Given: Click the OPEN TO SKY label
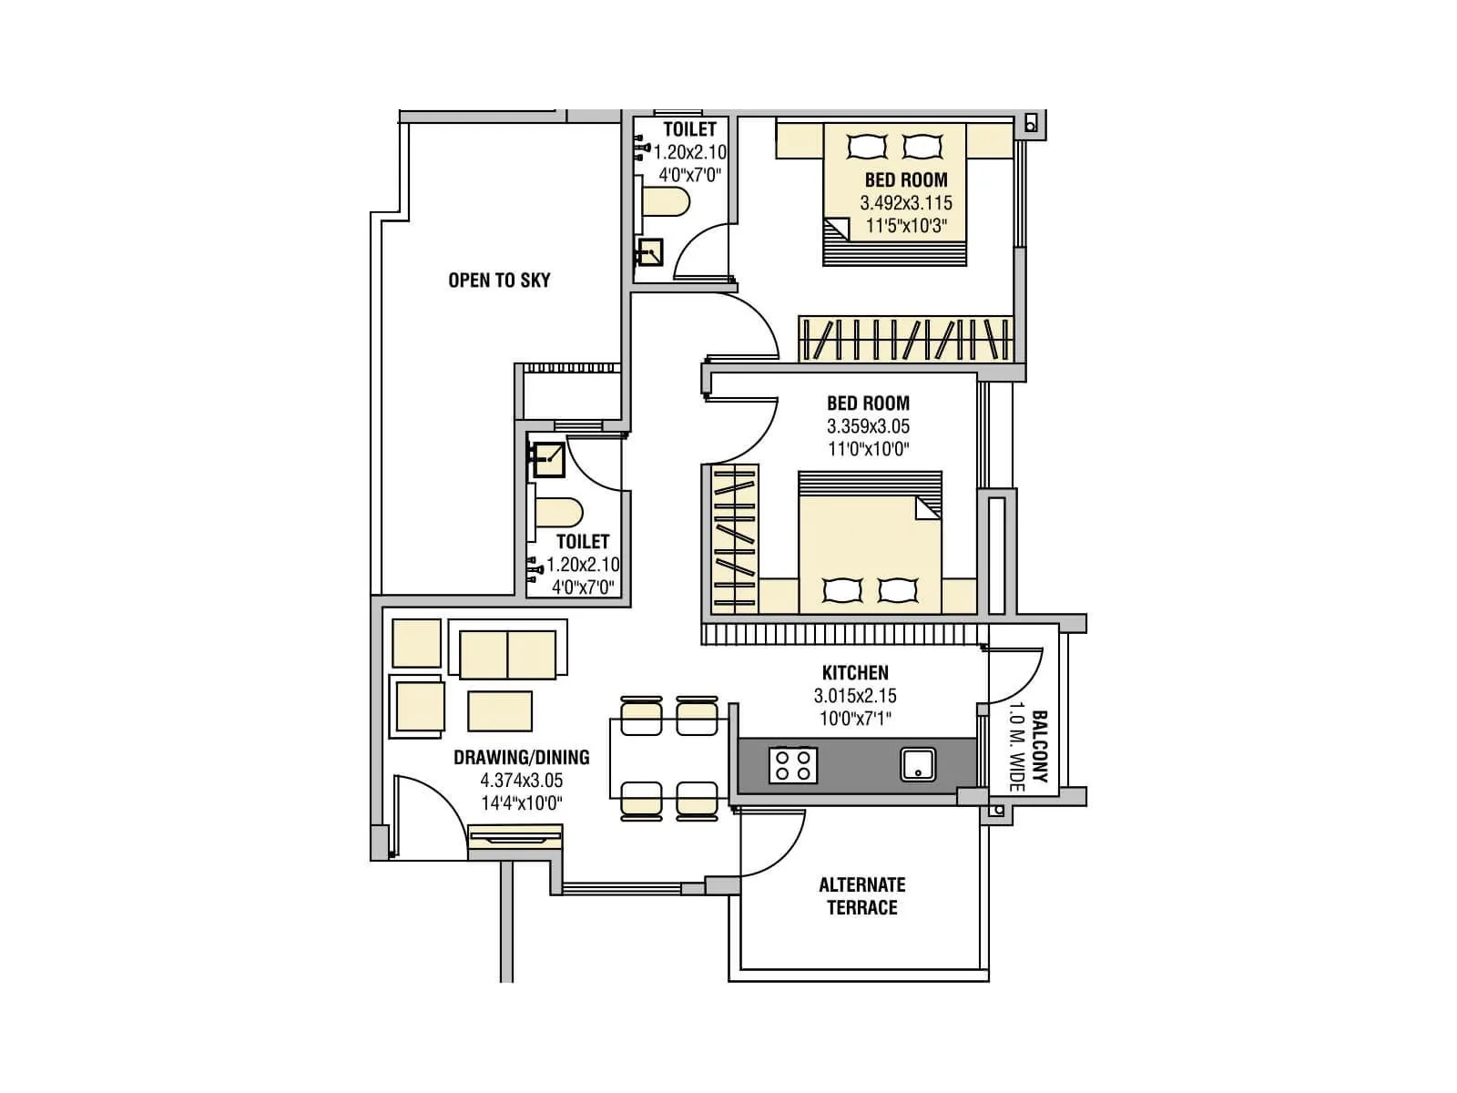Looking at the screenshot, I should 499,281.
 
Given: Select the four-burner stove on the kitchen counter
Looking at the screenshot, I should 792,765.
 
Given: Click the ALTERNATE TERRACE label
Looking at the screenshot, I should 861,896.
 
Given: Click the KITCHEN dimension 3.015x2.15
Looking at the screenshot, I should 855,696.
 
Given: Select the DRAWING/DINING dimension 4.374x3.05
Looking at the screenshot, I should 521,781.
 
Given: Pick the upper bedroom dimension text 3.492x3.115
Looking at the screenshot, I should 906,203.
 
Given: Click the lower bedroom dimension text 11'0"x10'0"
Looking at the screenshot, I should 868,449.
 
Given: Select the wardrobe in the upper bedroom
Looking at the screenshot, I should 906,340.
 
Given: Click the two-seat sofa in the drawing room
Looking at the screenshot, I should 507,654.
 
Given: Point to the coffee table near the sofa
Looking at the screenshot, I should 500,710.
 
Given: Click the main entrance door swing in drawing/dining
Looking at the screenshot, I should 428,812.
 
